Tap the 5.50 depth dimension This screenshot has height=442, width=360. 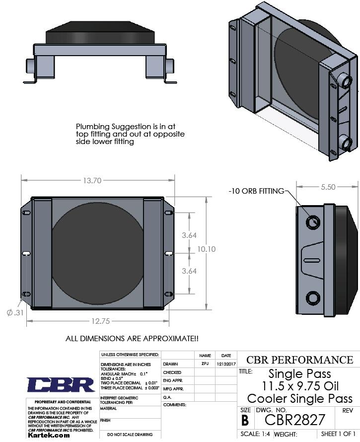click(x=328, y=187)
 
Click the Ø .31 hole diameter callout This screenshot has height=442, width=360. click(x=15, y=312)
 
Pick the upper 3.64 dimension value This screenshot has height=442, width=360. click(x=189, y=235)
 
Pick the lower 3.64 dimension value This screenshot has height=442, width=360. click(x=189, y=271)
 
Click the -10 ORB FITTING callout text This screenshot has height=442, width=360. click(x=256, y=191)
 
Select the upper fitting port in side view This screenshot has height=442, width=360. click(x=313, y=222)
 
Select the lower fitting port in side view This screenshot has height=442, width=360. click(x=313, y=298)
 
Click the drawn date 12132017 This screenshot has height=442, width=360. click(x=226, y=364)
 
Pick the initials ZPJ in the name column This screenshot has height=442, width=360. click(x=205, y=364)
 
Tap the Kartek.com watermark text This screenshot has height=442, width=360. click(x=48, y=435)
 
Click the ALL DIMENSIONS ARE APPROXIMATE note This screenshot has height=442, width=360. click(x=132, y=339)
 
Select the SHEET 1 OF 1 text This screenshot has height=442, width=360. click(x=339, y=434)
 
